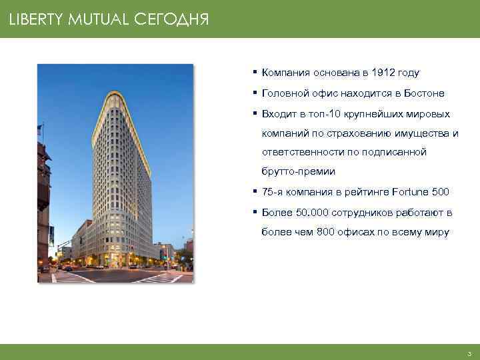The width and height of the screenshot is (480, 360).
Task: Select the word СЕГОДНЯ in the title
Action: coord(171,20)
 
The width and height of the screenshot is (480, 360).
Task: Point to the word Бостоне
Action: coord(425,93)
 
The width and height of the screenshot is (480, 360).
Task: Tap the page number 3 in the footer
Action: coord(469,353)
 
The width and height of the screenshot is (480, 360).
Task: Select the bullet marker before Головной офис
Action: coord(255,93)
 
